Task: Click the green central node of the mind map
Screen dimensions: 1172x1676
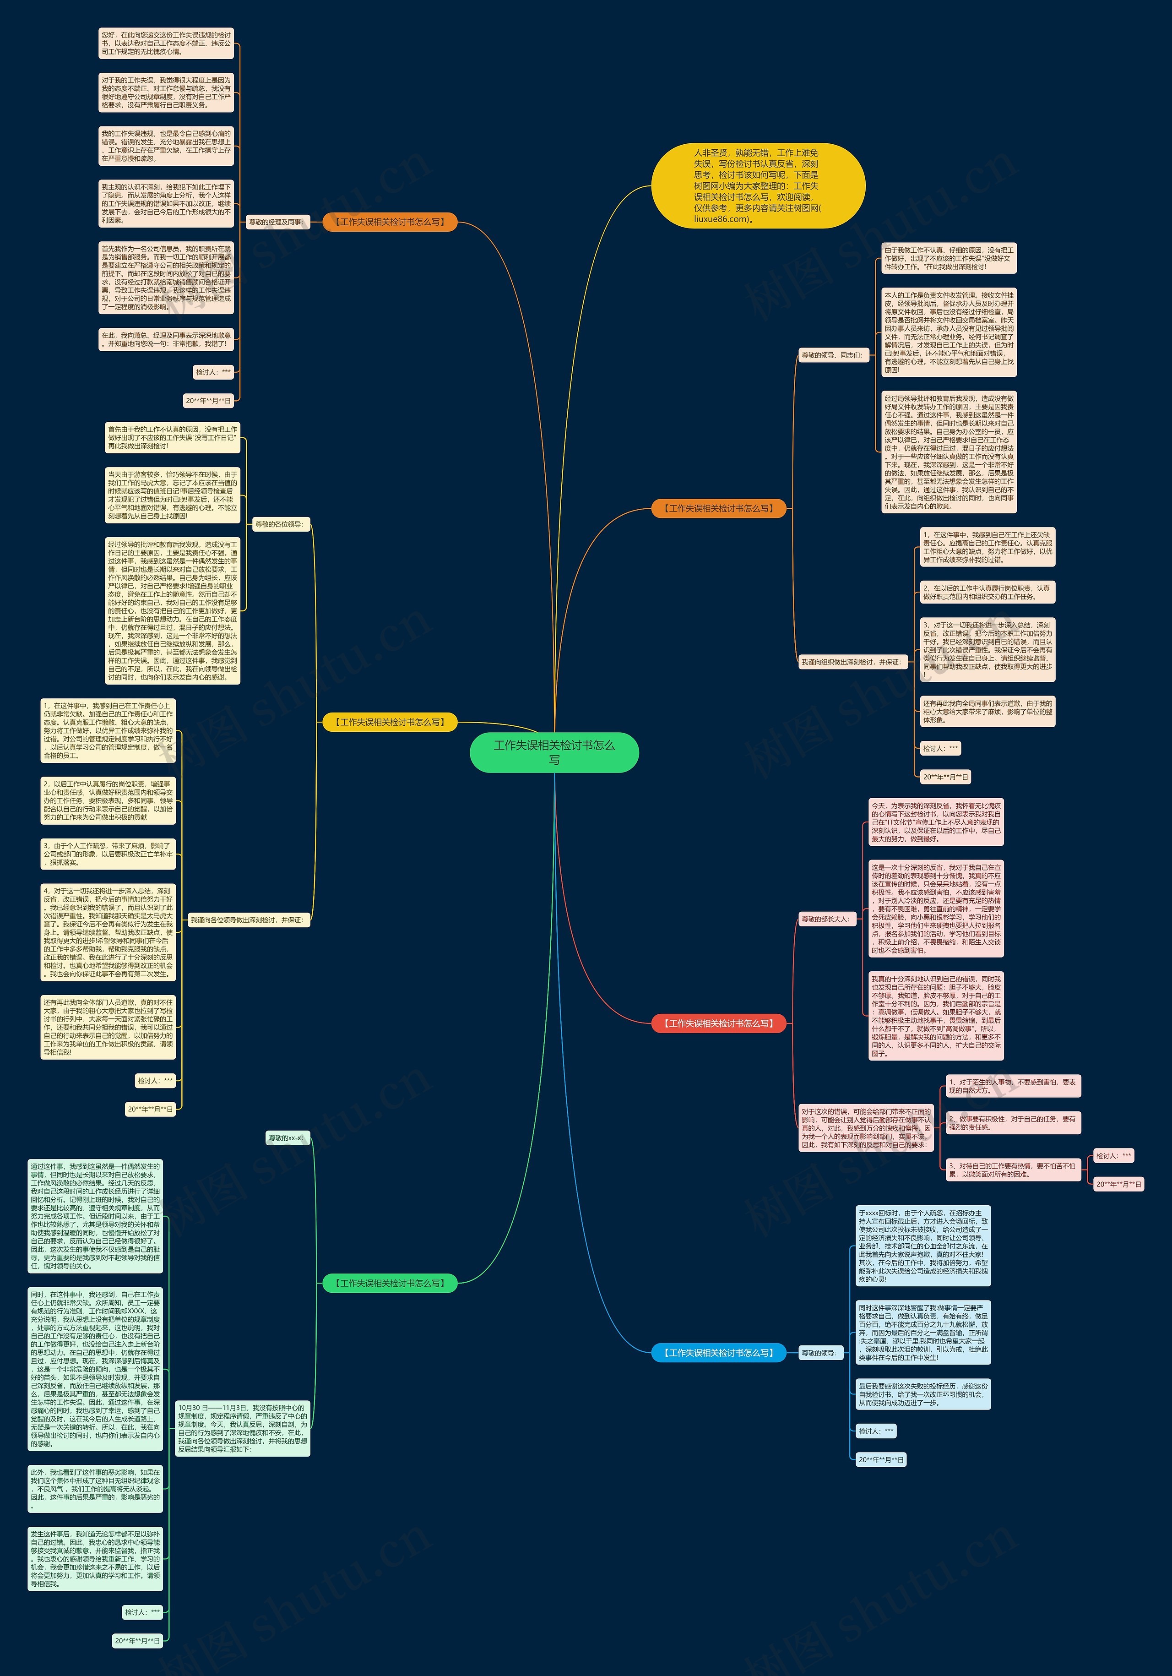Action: (554, 752)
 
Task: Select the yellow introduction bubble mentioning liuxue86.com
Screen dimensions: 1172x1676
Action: (758, 185)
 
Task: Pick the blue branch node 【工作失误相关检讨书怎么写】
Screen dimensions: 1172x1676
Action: (718, 1353)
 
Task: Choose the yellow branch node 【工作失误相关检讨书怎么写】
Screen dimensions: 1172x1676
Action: (390, 722)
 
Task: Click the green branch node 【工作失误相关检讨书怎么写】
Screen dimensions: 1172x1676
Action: (390, 1283)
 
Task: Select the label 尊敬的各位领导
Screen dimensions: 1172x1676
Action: (280, 524)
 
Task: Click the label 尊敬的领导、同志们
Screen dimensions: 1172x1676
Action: (832, 355)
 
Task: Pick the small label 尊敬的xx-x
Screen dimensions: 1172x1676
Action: (287, 1138)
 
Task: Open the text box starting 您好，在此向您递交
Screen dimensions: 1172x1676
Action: (166, 43)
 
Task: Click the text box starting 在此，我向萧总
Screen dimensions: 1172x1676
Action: (166, 339)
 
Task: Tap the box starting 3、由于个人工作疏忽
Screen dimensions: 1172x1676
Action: (108, 854)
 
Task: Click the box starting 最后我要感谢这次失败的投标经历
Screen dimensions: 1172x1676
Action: (923, 1394)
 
